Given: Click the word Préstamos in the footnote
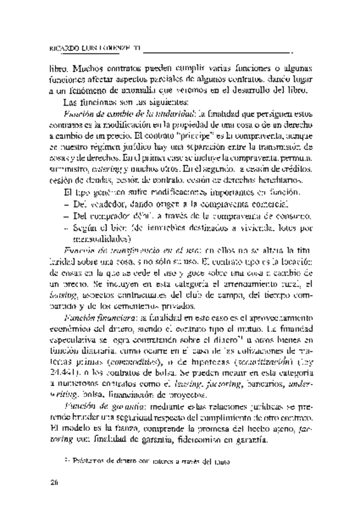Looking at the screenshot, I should click(x=86, y=462).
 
